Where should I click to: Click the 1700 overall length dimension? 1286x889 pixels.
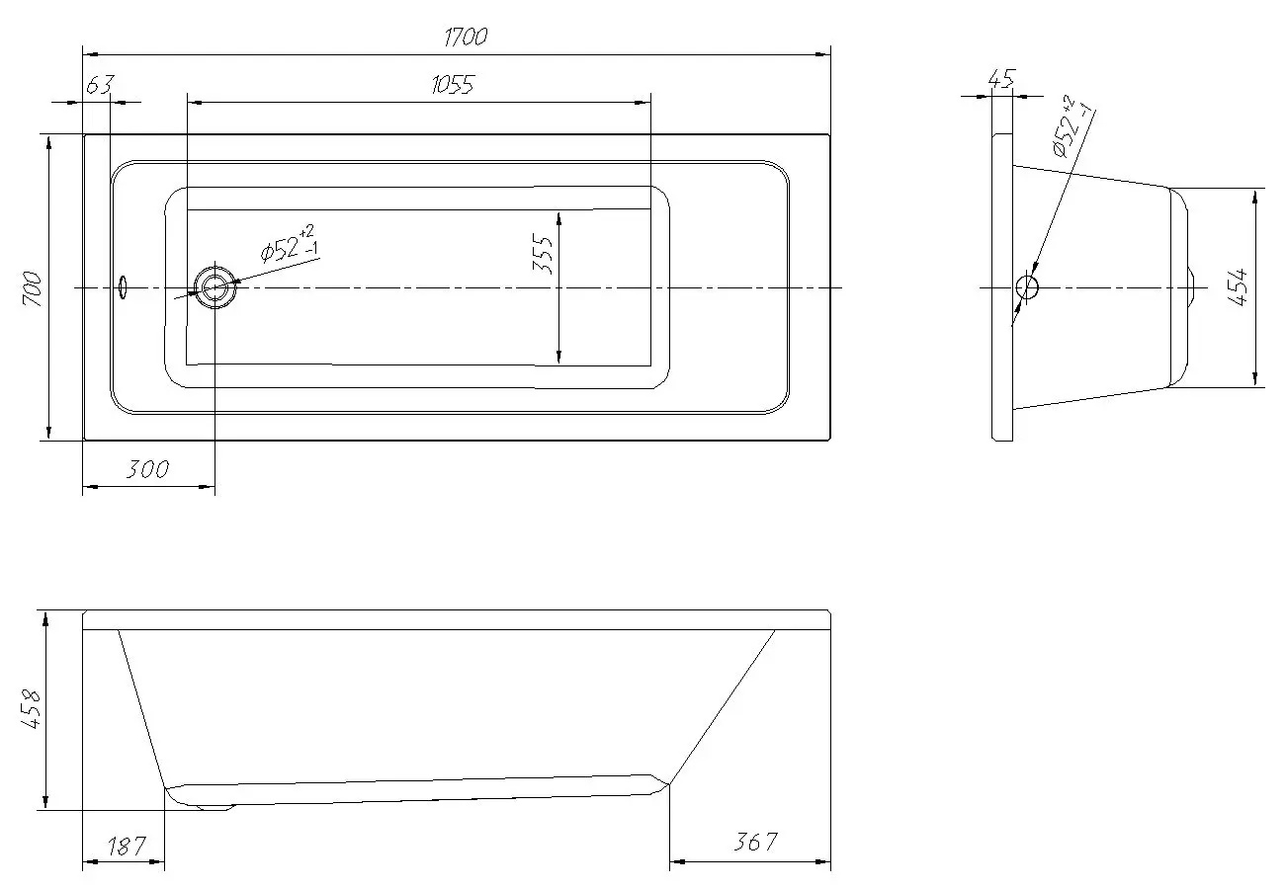[x=466, y=37]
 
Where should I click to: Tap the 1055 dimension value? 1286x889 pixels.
[x=453, y=85]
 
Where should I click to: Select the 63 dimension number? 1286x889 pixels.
[x=100, y=84]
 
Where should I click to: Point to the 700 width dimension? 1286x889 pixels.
[x=34, y=288]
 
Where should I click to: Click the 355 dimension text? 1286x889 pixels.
[x=543, y=254]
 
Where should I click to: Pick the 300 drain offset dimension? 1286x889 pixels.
[x=147, y=469]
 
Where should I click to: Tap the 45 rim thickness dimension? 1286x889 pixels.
[x=1002, y=79]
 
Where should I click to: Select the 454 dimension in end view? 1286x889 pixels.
[x=1241, y=287]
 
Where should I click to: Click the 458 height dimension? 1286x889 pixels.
[x=31, y=709]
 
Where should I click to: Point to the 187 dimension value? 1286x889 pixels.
[x=127, y=846]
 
